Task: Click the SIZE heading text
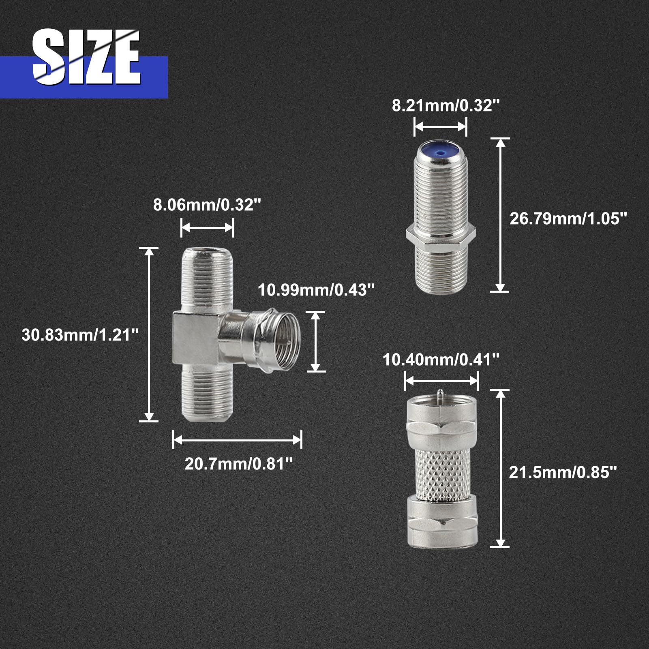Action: coord(86,57)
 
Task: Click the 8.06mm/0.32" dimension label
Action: coord(207,205)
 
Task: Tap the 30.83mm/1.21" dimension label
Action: coord(80,335)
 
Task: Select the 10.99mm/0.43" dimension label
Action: coord(316,290)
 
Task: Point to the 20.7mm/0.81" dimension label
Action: coord(238,464)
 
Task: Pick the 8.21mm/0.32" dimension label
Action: coord(446,105)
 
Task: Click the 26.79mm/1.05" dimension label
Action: coord(568,218)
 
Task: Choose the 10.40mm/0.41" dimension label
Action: coord(441,360)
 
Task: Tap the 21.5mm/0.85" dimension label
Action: coord(563,472)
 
